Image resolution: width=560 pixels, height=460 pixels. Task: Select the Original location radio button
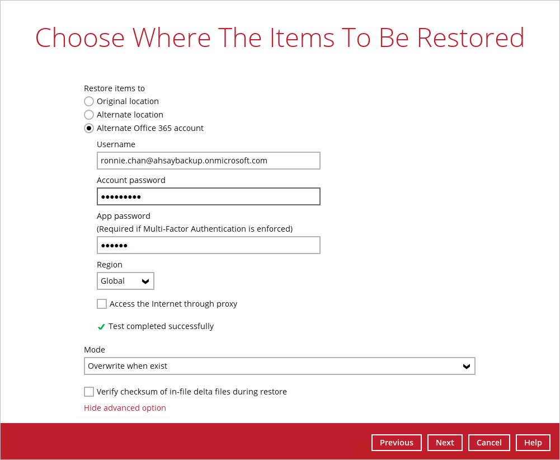click(x=89, y=101)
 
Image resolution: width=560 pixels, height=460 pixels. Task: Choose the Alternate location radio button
click(x=89, y=115)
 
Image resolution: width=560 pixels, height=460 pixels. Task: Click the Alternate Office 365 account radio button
click(x=89, y=128)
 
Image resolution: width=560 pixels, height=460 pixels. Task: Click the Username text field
click(x=209, y=161)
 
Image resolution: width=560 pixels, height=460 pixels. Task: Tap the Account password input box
click(x=209, y=196)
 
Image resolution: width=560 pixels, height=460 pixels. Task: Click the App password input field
click(x=209, y=245)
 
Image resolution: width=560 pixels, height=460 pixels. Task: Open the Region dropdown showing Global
click(x=125, y=281)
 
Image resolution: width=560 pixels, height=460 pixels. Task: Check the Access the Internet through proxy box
click(x=102, y=304)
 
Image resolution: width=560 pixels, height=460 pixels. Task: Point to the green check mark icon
click(x=101, y=326)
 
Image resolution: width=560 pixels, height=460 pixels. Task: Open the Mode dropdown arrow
click(x=467, y=366)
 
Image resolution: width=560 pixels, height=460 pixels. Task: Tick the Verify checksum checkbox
click(x=89, y=392)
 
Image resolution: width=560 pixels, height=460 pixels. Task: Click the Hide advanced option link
click(x=125, y=408)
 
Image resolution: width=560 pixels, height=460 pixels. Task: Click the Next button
click(x=445, y=443)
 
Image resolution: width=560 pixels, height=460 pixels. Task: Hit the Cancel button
click(x=489, y=443)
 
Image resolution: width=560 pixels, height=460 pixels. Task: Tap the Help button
click(x=533, y=443)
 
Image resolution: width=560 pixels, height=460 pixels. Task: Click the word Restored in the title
click(x=470, y=37)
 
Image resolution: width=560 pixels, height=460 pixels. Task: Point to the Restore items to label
click(x=114, y=88)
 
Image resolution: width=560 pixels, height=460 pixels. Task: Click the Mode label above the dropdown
click(x=95, y=350)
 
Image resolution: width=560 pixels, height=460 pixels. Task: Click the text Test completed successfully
click(x=161, y=326)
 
